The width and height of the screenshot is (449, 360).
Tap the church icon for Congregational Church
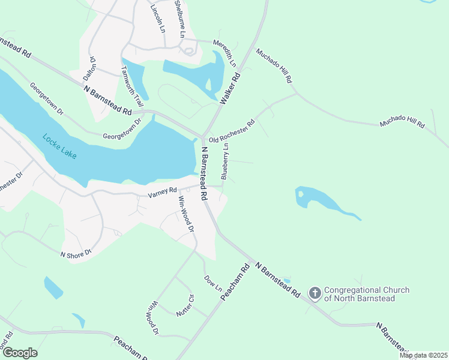[315, 293]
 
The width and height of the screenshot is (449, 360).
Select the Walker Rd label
[230, 89]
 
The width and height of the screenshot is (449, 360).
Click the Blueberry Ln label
[226, 161]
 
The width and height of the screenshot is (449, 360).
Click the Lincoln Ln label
[158, 17]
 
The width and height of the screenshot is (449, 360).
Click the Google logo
[20, 353]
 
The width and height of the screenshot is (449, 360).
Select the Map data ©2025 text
[423, 355]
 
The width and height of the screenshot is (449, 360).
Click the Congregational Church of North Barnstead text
[367, 293]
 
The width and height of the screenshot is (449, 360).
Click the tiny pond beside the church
[286, 281]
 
